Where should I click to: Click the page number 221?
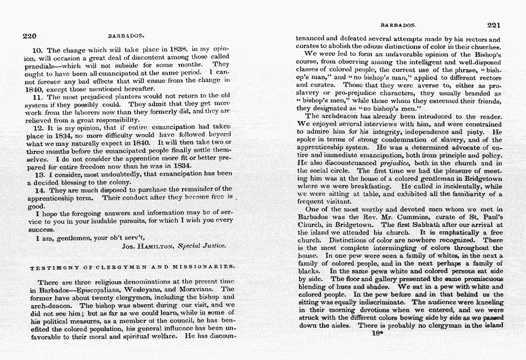click(x=493, y=25)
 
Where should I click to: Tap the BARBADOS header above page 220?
click(x=126, y=37)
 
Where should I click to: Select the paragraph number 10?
click(x=38, y=50)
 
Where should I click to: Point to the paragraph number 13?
click(x=38, y=174)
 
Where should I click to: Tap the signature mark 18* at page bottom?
click(x=376, y=333)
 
